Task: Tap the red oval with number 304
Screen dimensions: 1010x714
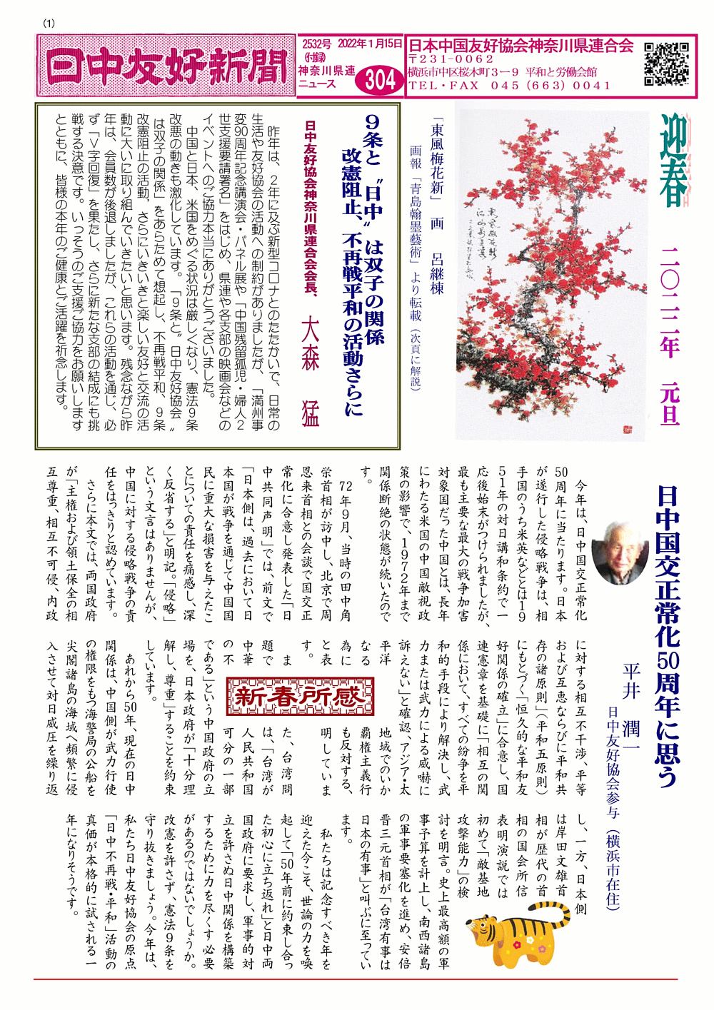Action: point(379,79)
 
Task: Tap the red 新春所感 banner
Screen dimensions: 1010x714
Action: point(301,695)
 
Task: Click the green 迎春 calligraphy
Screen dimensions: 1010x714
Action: point(673,161)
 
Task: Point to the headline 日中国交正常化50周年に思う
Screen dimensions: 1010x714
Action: point(668,635)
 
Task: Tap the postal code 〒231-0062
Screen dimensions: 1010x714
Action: point(451,59)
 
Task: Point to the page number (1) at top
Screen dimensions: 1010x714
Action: point(49,23)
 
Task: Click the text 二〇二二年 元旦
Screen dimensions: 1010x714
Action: point(670,335)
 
